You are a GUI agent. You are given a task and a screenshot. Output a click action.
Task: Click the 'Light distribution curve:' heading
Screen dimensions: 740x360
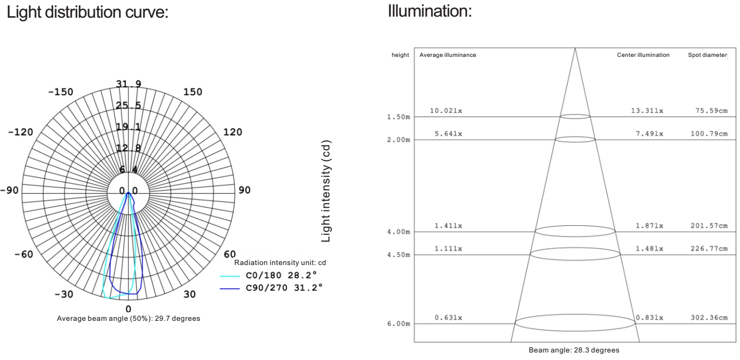pos(87,12)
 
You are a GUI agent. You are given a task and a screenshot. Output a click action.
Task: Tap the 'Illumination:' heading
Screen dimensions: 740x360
pos(430,11)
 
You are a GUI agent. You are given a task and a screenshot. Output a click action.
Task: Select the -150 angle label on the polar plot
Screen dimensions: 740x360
pos(61,92)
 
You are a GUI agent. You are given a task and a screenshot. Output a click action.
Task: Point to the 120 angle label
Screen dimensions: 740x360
pos(233,132)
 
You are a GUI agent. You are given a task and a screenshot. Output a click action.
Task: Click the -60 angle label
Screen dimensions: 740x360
pos(24,254)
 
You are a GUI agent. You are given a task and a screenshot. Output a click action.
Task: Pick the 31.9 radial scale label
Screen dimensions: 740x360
pos(129,84)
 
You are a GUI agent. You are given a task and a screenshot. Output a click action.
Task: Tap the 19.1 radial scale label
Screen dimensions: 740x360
pos(128,127)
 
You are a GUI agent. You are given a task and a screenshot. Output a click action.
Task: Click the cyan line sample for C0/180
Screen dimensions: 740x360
pos(230,276)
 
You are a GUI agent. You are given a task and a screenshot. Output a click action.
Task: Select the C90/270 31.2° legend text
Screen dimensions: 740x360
pos(284,288)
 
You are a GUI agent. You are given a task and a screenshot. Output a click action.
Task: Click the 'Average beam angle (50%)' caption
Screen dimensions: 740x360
pos(129,318)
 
